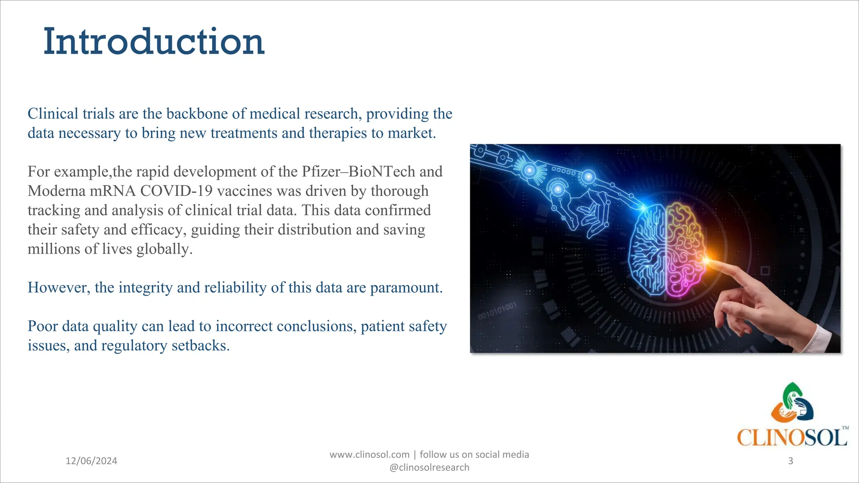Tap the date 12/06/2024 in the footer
click(x=91, y=461)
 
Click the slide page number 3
click(x=791, y=461)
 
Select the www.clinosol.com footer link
click(x=370, y=454)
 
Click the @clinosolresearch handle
click(x=429, y=467)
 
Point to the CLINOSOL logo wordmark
click(x=792, y=438)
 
